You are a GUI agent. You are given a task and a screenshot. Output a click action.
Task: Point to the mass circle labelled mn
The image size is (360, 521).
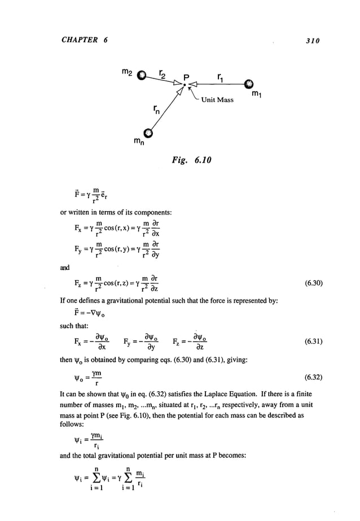coord(148,133)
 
